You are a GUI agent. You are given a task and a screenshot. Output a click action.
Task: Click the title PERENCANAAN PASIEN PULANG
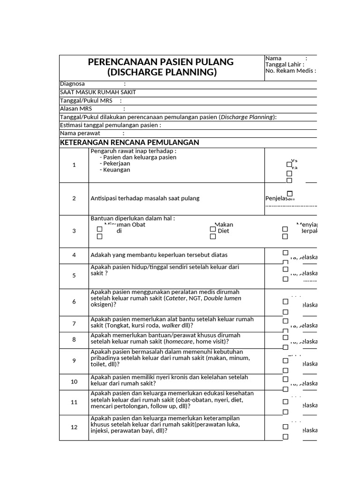(161, 62)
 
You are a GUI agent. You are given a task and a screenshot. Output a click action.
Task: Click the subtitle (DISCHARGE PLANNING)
(162, 73)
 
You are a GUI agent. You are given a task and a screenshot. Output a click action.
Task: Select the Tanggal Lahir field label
(285, 65)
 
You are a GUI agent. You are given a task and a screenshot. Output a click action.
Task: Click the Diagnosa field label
(73, 84)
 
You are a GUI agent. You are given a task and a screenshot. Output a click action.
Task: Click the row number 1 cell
(74, 165)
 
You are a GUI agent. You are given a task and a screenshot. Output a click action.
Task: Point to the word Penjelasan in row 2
(279, 198)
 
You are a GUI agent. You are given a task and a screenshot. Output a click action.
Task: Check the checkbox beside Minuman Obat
(99, 229)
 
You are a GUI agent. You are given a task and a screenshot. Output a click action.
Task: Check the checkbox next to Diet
(213, 237)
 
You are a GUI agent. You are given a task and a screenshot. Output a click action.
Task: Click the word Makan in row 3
(224, 225)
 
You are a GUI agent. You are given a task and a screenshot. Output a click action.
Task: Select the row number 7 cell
(74, 324)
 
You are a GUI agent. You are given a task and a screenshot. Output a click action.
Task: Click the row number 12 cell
(74, 427)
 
